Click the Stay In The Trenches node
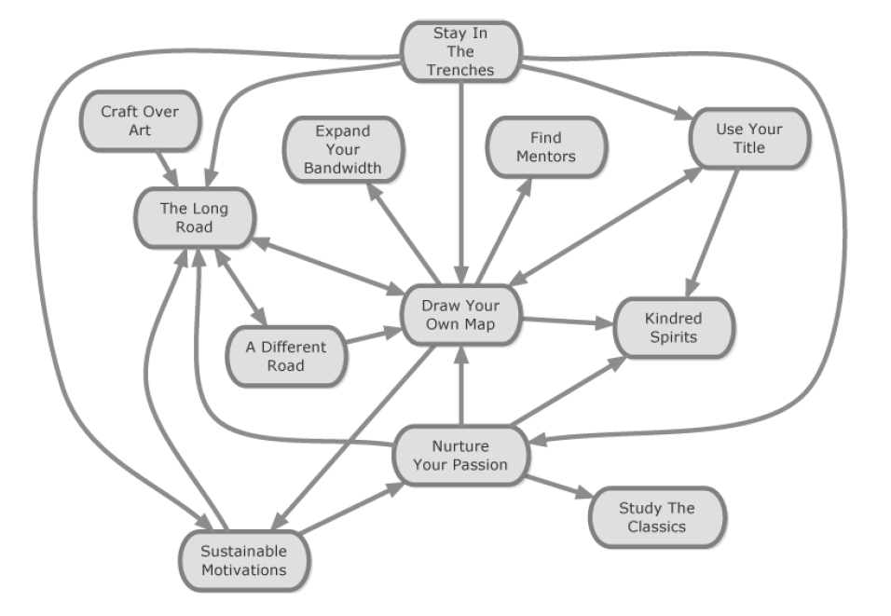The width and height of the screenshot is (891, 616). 460,51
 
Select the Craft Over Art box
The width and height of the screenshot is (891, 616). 140,120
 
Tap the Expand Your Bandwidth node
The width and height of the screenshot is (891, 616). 342,148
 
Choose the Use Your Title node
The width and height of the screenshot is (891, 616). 748,138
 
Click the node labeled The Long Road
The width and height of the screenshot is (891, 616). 193,218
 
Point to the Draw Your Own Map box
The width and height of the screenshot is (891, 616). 460,314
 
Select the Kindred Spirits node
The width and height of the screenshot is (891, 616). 673,327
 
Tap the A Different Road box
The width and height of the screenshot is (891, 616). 286,356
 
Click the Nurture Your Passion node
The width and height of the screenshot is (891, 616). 460,455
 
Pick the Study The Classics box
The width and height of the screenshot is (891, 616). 656,517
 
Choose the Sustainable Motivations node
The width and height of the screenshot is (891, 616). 243,560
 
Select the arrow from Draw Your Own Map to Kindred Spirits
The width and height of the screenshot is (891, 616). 567,322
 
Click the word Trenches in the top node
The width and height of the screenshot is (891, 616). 460,69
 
